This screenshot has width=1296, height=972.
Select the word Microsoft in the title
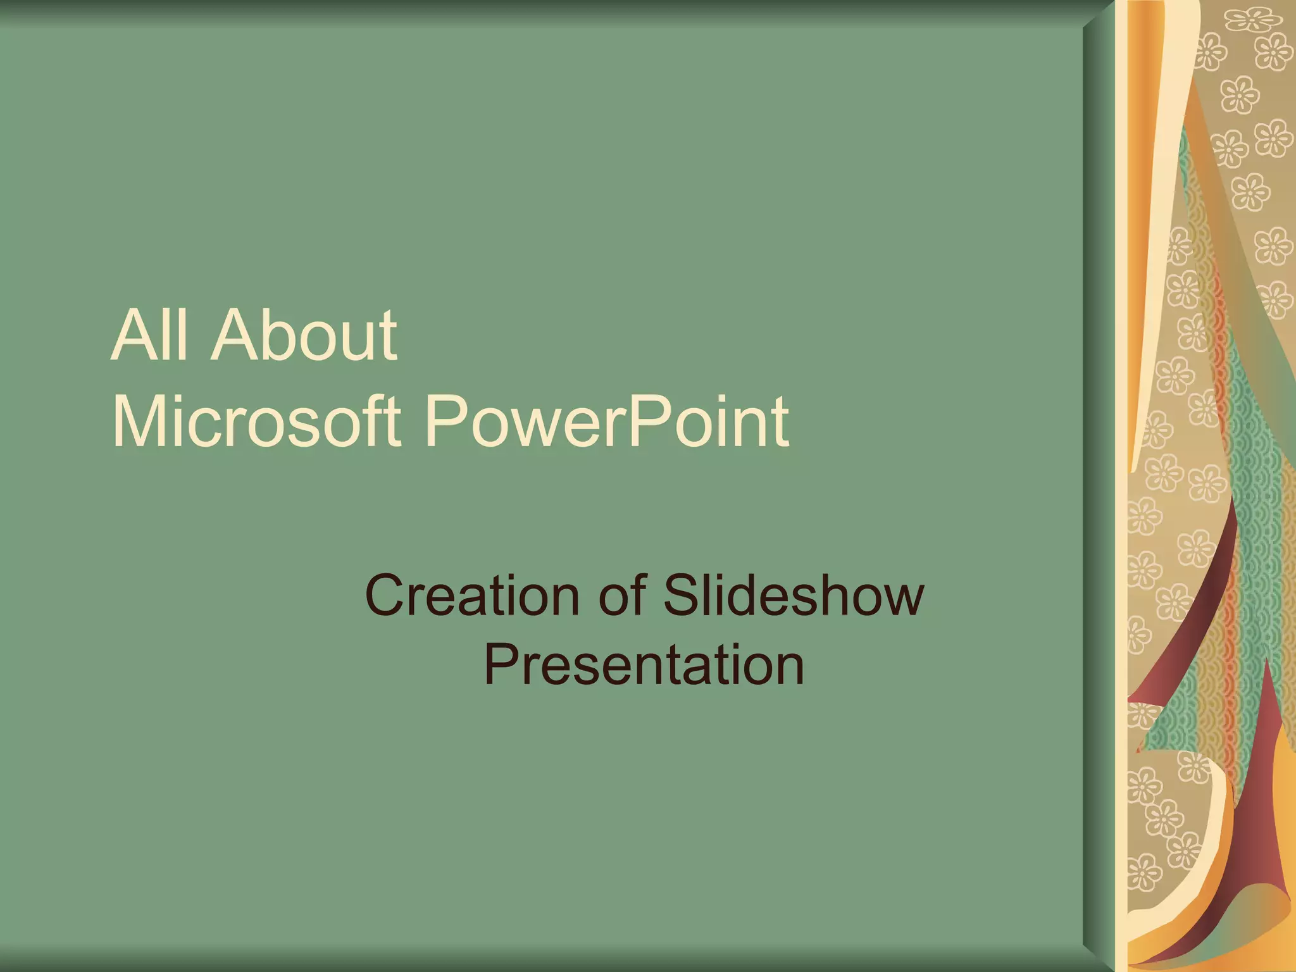pyautogui.click(x=256, y=421)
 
